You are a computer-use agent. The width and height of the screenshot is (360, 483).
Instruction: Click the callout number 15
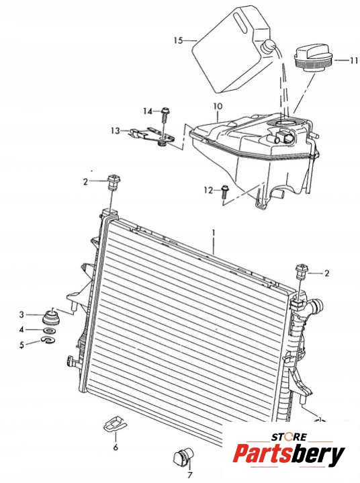pos(178,40)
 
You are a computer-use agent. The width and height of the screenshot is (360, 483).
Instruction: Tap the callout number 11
pos(354,60)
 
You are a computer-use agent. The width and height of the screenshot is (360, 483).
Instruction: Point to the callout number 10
pos(218,107)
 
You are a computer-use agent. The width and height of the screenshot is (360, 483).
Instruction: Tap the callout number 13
pos(116,131)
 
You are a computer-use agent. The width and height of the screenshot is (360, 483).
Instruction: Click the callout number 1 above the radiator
pos(213,233)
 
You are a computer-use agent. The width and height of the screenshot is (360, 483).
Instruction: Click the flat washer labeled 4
pos(49,331)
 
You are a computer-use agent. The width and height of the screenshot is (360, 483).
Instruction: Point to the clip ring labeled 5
pos(48,340)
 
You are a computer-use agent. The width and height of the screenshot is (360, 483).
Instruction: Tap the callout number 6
pos(116,447)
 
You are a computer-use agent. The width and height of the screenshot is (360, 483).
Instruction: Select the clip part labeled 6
pos(115,424)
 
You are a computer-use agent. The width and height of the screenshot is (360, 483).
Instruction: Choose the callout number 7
pos(190,475)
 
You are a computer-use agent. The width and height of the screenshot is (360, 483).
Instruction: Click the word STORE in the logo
pos(289,437)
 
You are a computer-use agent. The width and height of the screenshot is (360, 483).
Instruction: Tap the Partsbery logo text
pos(289,455)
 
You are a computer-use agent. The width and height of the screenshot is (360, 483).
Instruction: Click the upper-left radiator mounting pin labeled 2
pos(114,182)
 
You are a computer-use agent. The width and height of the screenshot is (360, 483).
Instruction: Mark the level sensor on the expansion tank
pos(285,136)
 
